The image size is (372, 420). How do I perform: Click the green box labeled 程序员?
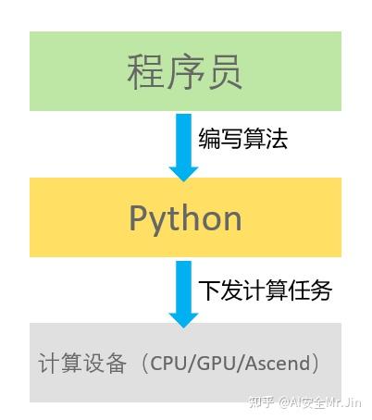click(185, 71)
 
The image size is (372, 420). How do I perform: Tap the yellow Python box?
click(185, 217)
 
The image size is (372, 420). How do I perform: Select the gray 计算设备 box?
click(185, 362)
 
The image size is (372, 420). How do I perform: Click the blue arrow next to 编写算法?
click(184, 143)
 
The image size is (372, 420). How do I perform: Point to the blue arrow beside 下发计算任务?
click(184, 290)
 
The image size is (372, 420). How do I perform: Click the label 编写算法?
click(243, 139)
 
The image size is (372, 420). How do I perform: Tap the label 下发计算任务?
click(265, 290)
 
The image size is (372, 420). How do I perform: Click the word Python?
click(185, 218)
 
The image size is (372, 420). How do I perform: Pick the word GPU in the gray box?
click(220, 364)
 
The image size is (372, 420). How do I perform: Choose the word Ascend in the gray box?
click(279, 364)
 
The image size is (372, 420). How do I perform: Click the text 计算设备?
click(82, 364)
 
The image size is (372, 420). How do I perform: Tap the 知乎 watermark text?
click(265, 402)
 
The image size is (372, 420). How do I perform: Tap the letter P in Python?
click(138, 218)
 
